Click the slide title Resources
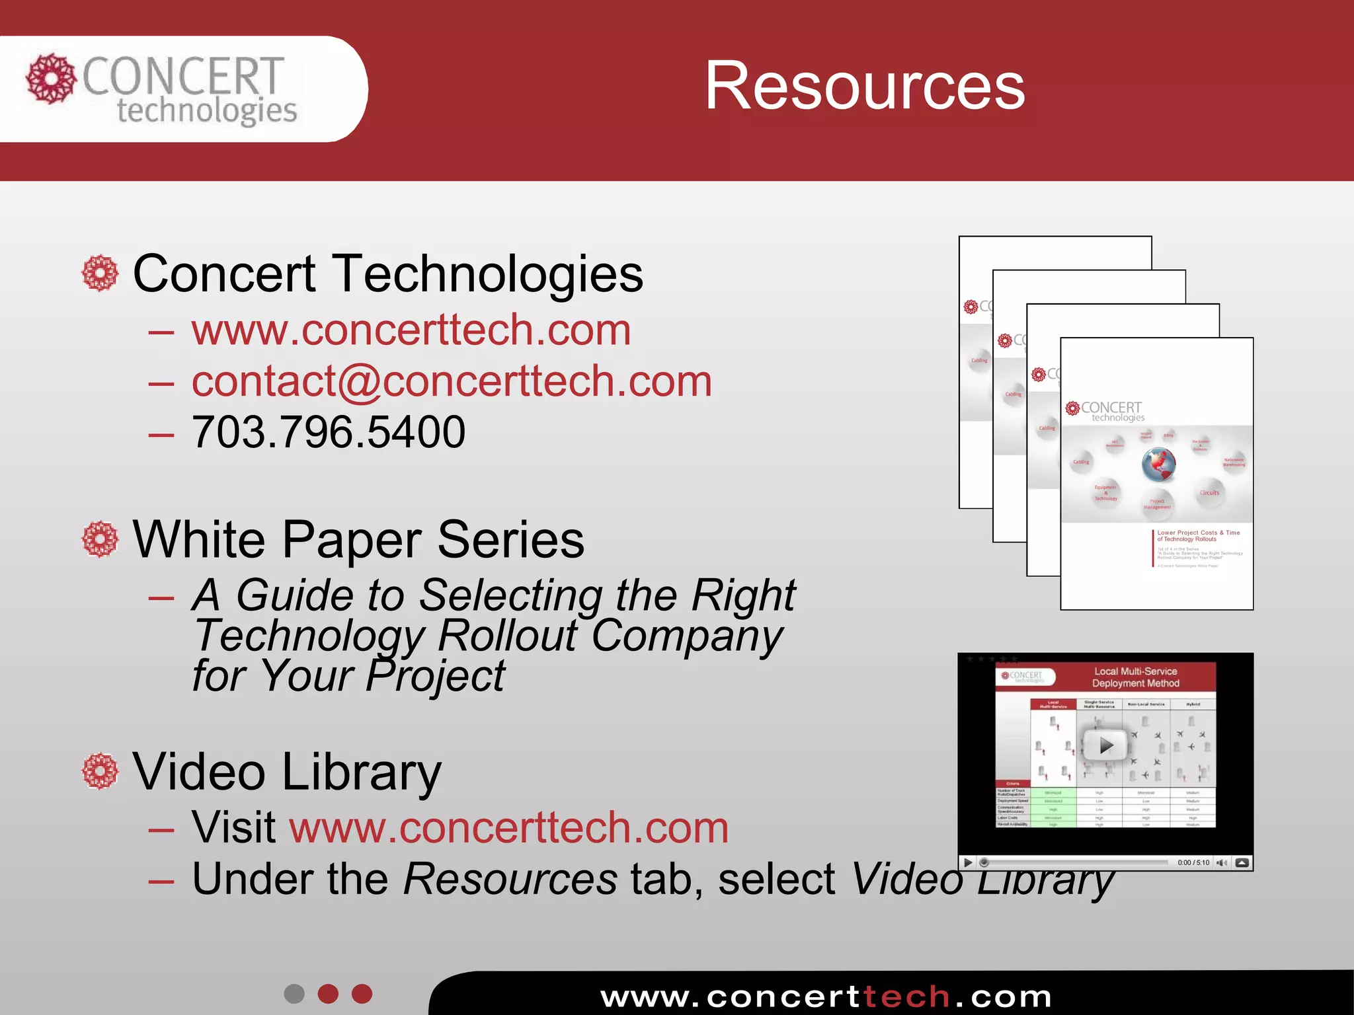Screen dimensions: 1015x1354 (865, 86)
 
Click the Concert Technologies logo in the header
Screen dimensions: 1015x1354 (162, 89)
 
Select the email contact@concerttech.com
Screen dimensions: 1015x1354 (452, 381)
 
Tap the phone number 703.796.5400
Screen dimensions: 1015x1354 (329, 432)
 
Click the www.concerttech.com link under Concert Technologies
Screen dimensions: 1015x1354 (411, 330)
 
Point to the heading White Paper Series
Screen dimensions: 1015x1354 (358, 540)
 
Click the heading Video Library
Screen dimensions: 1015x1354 (287, 772)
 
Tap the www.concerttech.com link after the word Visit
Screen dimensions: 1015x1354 (509, 827)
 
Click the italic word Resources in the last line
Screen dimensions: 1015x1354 (510, 880)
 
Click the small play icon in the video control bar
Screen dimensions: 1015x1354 (968, 862)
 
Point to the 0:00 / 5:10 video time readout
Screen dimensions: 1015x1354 (1193, 862)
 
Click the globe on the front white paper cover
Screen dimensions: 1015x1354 (1158, 465)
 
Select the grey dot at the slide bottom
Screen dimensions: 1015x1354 (294, 994)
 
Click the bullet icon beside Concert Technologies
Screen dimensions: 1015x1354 (100, 273)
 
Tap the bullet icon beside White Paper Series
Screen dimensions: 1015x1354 (100, 539)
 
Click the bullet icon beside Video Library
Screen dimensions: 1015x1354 (100, 771)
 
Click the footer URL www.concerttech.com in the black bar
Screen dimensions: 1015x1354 (826, 996)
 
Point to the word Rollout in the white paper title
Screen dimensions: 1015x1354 (508, 636)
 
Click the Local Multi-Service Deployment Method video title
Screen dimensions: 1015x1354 (1135, 677)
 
